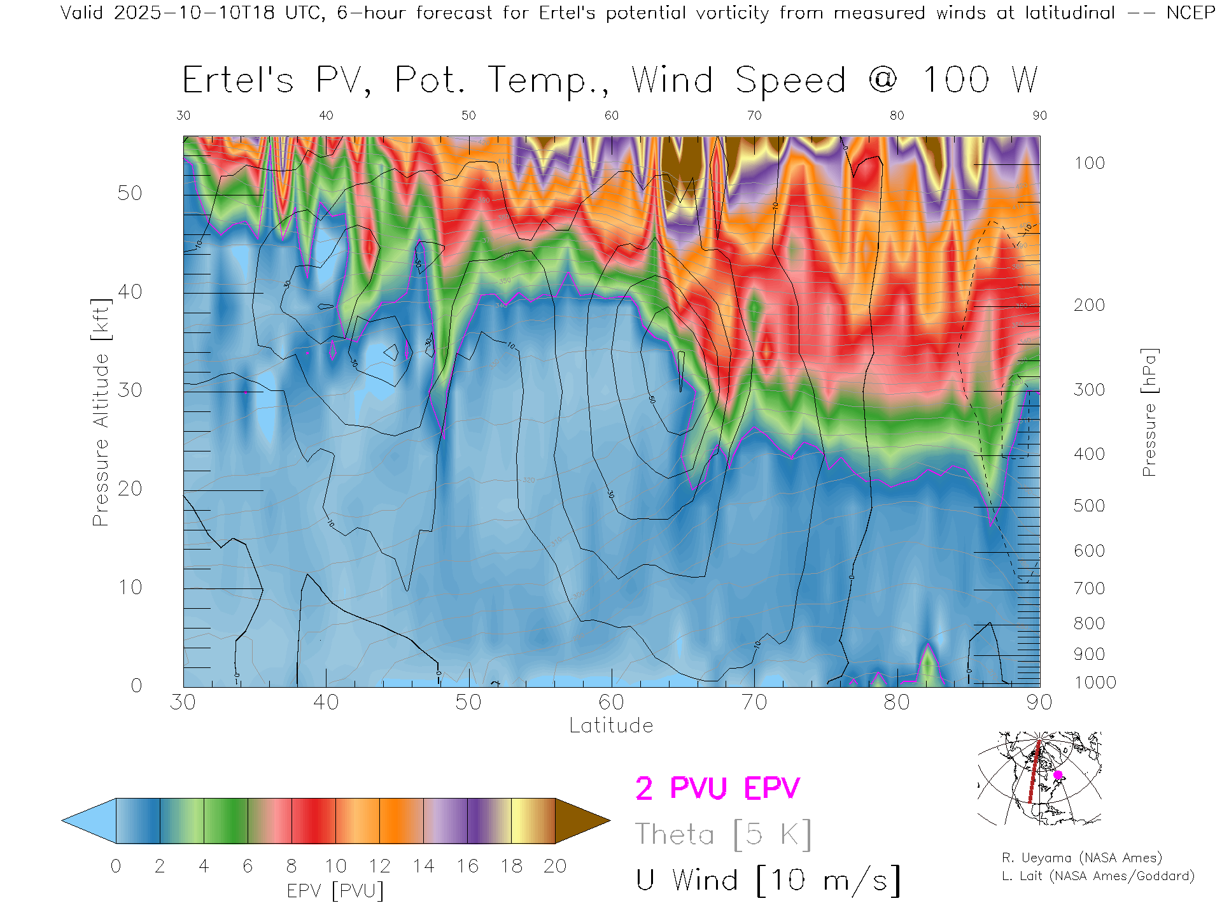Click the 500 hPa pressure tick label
1089,506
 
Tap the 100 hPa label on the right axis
1089,163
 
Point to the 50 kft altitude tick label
129,193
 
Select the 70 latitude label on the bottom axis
754,702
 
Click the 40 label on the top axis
326,115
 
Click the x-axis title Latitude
611,725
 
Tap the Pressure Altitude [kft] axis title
101,412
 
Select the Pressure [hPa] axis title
1149,412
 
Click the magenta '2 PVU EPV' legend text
717,788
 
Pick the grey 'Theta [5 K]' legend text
723,834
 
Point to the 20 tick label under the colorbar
555,866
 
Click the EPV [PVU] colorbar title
335,891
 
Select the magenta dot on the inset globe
1058,775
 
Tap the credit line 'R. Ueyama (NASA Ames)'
1081,858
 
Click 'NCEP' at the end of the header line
1190,13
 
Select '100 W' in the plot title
980,80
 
